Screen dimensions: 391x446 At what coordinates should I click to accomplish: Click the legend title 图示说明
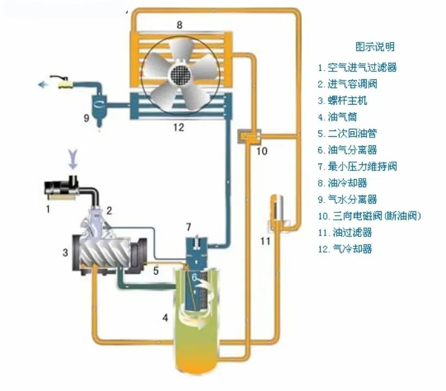pos(375,47)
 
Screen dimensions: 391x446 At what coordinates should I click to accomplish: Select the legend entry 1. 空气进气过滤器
pos(357,68)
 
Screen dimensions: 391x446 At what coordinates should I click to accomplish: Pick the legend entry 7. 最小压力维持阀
pos(357,166)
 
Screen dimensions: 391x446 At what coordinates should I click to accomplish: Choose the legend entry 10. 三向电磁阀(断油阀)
pos(369,216)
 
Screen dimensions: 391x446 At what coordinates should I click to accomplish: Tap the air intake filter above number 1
pos(63,189)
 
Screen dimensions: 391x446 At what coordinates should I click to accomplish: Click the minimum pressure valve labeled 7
pos(196,246)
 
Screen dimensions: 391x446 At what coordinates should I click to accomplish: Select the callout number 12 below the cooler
pos(179,127)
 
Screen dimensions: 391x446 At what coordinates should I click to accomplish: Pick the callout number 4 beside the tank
pos(166,318)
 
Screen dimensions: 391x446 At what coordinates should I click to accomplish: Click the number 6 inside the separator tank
pos(196,277)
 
